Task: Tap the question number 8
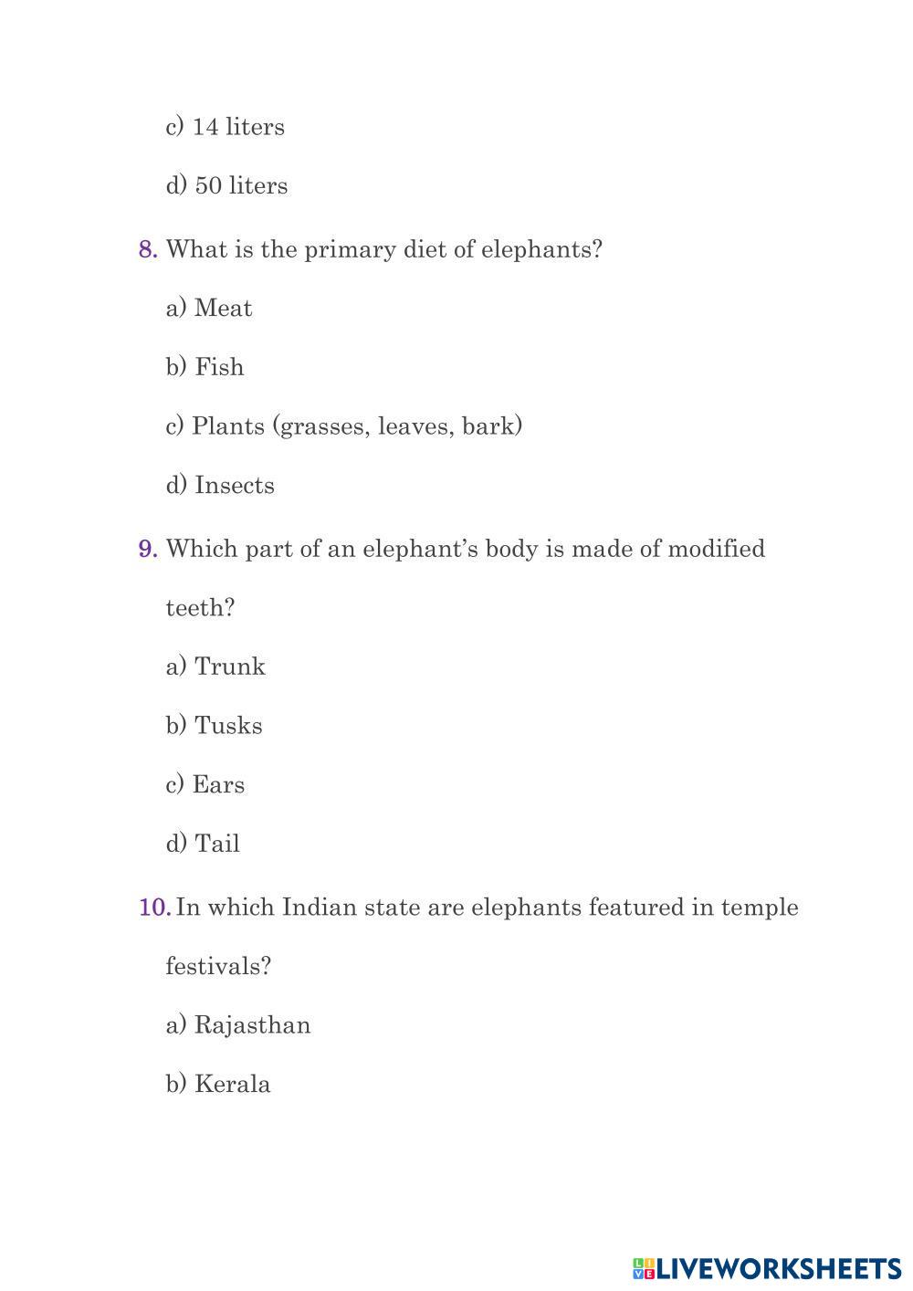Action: click(x=148, y=250)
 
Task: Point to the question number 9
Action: click(x=148, y=550)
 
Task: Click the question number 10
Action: click(x=153, y=908)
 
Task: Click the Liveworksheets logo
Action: click(x=767, y=1268)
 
